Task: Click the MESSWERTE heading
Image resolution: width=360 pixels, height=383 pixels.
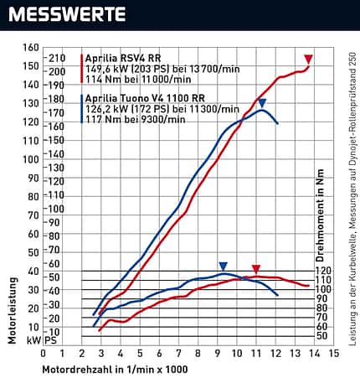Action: [x=67, y=14]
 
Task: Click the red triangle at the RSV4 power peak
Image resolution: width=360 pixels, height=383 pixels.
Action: [x=308, y=59]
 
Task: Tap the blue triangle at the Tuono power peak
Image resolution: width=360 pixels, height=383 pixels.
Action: [x=262, y=103]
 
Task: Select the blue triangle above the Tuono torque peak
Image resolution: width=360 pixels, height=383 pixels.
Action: [x=224, y=267]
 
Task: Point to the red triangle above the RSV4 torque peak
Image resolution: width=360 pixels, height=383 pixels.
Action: [x=256, y=269]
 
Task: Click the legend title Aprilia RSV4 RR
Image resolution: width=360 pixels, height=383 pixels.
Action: [x=123, y=58]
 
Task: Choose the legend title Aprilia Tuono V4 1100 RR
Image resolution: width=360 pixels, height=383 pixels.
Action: [x=145, y=98]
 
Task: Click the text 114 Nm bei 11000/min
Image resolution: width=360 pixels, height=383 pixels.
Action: [x=138, y=80]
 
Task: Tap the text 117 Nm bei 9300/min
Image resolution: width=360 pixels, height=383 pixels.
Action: [x=136, y=119]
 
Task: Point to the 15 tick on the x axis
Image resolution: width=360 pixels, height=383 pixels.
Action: [x=334, y=354]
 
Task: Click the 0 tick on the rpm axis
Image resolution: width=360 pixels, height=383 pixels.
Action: [x=43, y=354]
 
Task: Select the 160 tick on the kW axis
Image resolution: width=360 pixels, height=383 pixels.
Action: [x=31, y=48]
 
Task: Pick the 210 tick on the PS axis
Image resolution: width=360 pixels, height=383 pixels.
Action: [x=57, y=58]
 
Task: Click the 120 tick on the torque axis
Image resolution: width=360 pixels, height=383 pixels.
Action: [x=323, y=271]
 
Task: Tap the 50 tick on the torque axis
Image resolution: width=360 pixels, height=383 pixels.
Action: [x=321, y=336]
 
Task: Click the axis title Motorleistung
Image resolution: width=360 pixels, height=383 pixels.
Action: [x=13, y=310]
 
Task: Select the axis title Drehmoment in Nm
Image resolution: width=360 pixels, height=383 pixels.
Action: [x=320, y=215]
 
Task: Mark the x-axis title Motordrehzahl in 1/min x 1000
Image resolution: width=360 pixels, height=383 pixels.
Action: [x=115, y=370]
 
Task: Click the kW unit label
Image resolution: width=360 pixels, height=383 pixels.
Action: [x=33, y=340]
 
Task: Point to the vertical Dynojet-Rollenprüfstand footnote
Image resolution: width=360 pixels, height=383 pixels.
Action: [x=352, y=199]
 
